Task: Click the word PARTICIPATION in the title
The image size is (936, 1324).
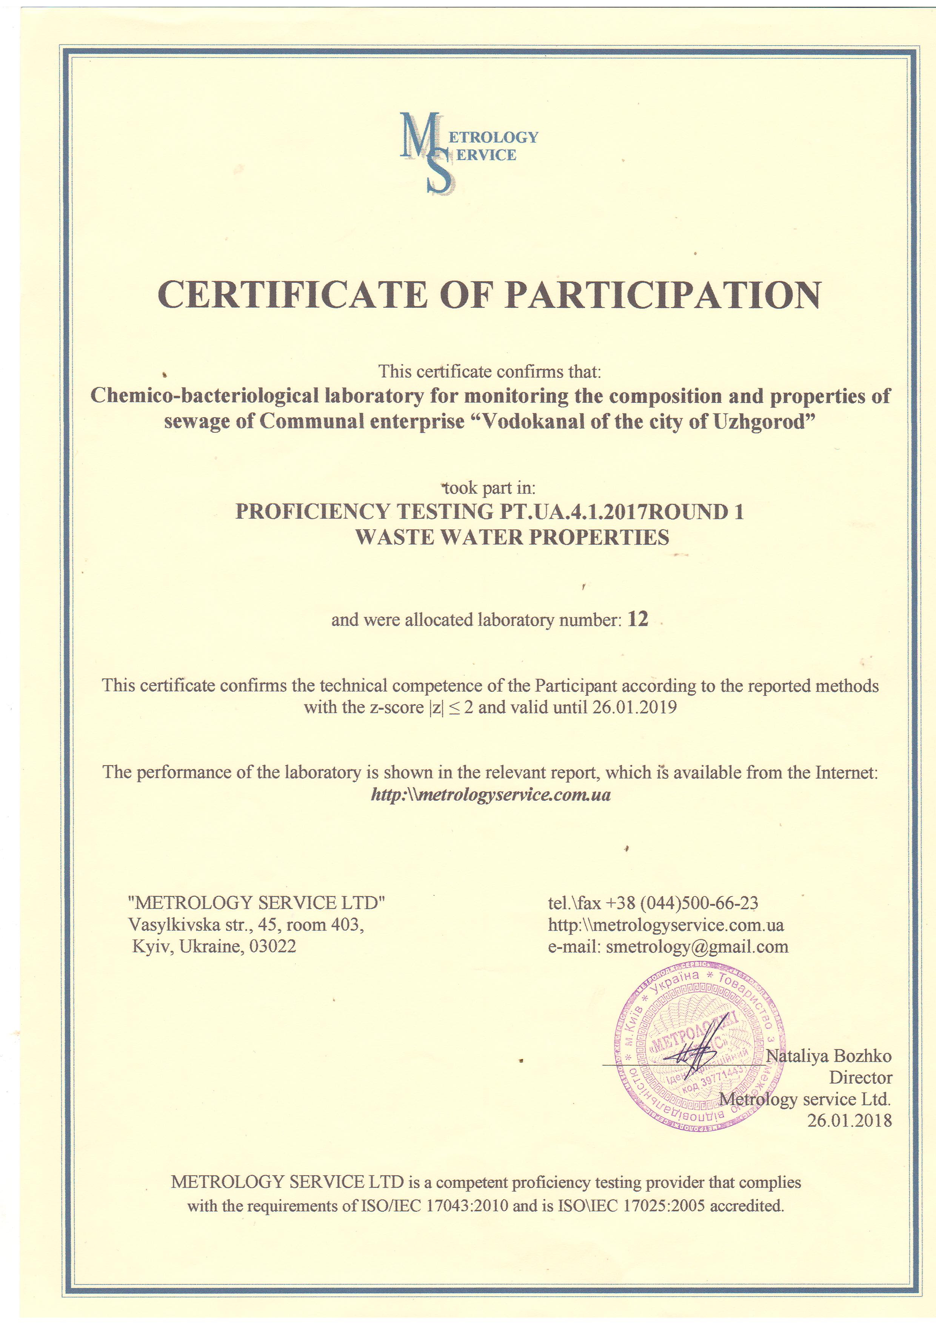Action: [663, 295]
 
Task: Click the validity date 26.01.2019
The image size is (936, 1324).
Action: [634, 707]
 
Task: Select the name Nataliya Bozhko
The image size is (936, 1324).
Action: [828, 1056]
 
